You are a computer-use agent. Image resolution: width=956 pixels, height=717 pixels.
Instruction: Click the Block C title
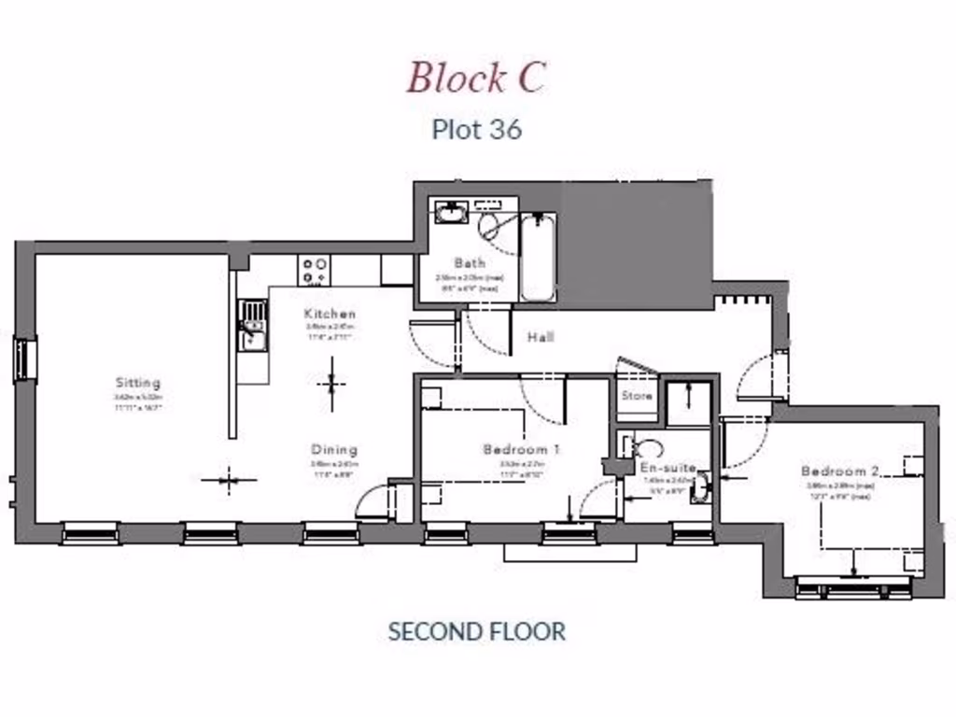point(475,77)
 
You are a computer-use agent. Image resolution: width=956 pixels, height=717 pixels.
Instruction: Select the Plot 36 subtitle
point(476,129)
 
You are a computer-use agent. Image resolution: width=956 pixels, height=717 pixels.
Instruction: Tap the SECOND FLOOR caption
point(476,631)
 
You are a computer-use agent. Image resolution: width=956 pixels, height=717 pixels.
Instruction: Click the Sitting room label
point(138,383)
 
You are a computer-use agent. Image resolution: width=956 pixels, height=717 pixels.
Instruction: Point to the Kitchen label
point(330,314)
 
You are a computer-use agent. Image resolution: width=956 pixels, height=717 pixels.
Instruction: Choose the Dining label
point(334,449)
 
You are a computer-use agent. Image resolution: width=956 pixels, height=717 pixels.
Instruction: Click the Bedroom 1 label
point(521,450)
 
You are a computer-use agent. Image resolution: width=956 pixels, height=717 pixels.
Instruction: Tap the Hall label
point(540,336)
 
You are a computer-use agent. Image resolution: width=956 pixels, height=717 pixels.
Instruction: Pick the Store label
point(637,396)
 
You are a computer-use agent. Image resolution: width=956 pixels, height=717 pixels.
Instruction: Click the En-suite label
point(668,467)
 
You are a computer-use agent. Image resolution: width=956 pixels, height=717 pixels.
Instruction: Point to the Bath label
point(469,263)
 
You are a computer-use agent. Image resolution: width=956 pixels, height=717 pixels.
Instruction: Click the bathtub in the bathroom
point(538,257)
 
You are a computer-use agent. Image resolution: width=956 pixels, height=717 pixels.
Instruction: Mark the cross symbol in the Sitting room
point(229,481)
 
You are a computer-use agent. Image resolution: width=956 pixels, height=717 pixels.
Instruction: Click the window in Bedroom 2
point(853,588)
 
